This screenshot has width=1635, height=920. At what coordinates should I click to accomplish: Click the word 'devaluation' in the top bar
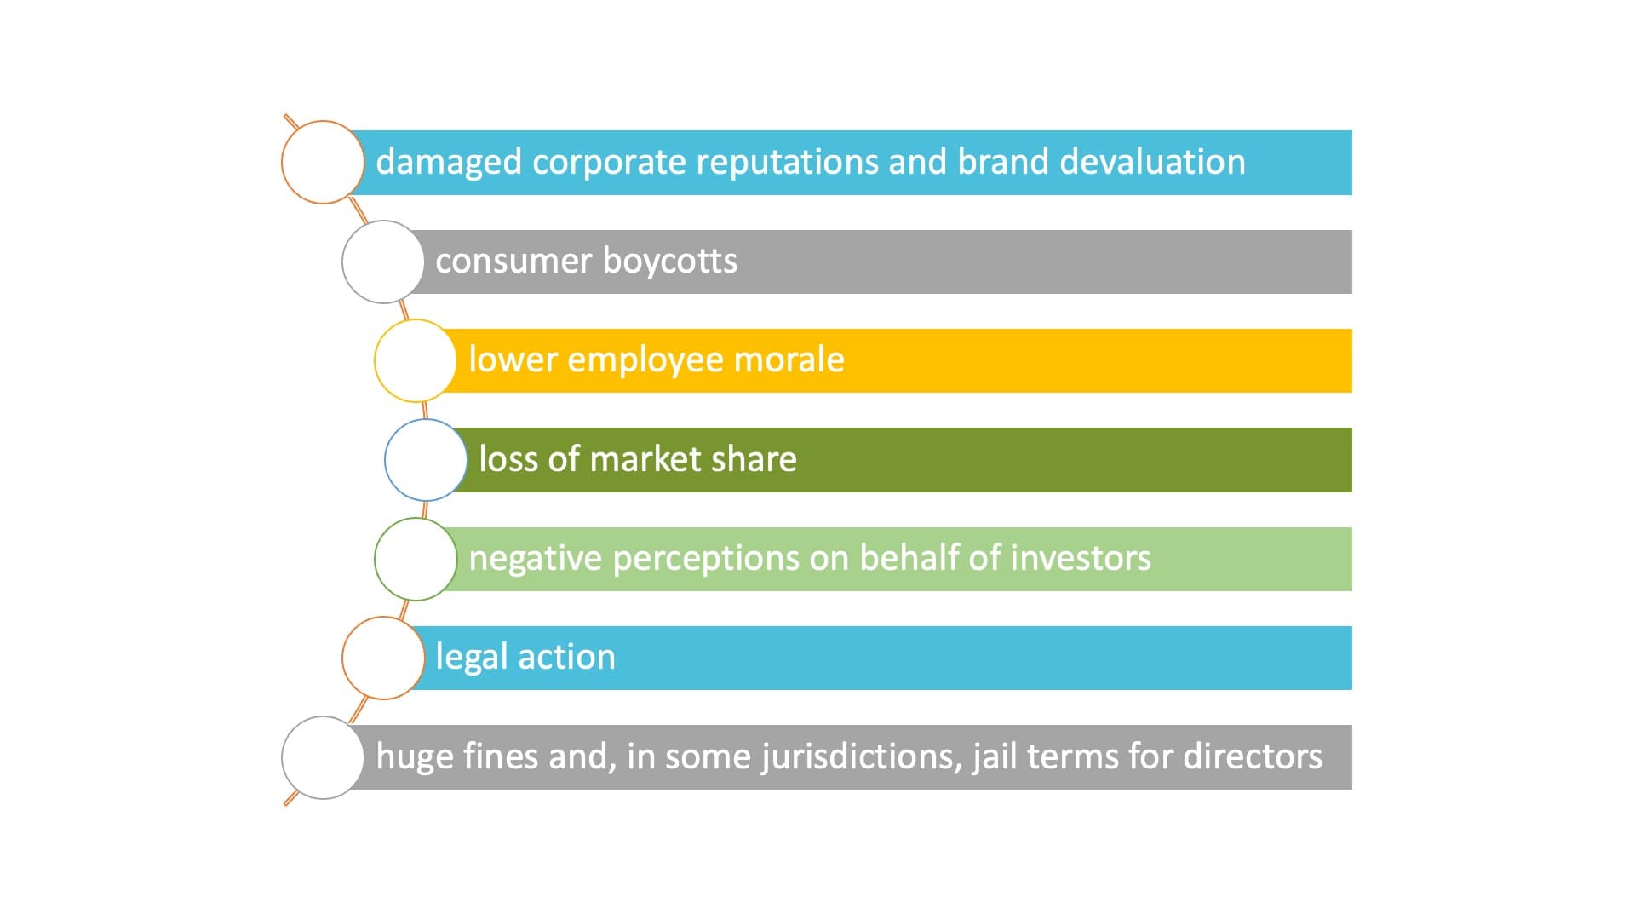(x=1152, y=161)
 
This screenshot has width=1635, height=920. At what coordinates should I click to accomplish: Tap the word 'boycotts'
(x=669, y=261)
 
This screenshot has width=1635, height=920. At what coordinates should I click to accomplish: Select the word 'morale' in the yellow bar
(x=789, y=359)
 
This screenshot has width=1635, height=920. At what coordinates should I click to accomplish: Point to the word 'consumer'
(x=513, y=261)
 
